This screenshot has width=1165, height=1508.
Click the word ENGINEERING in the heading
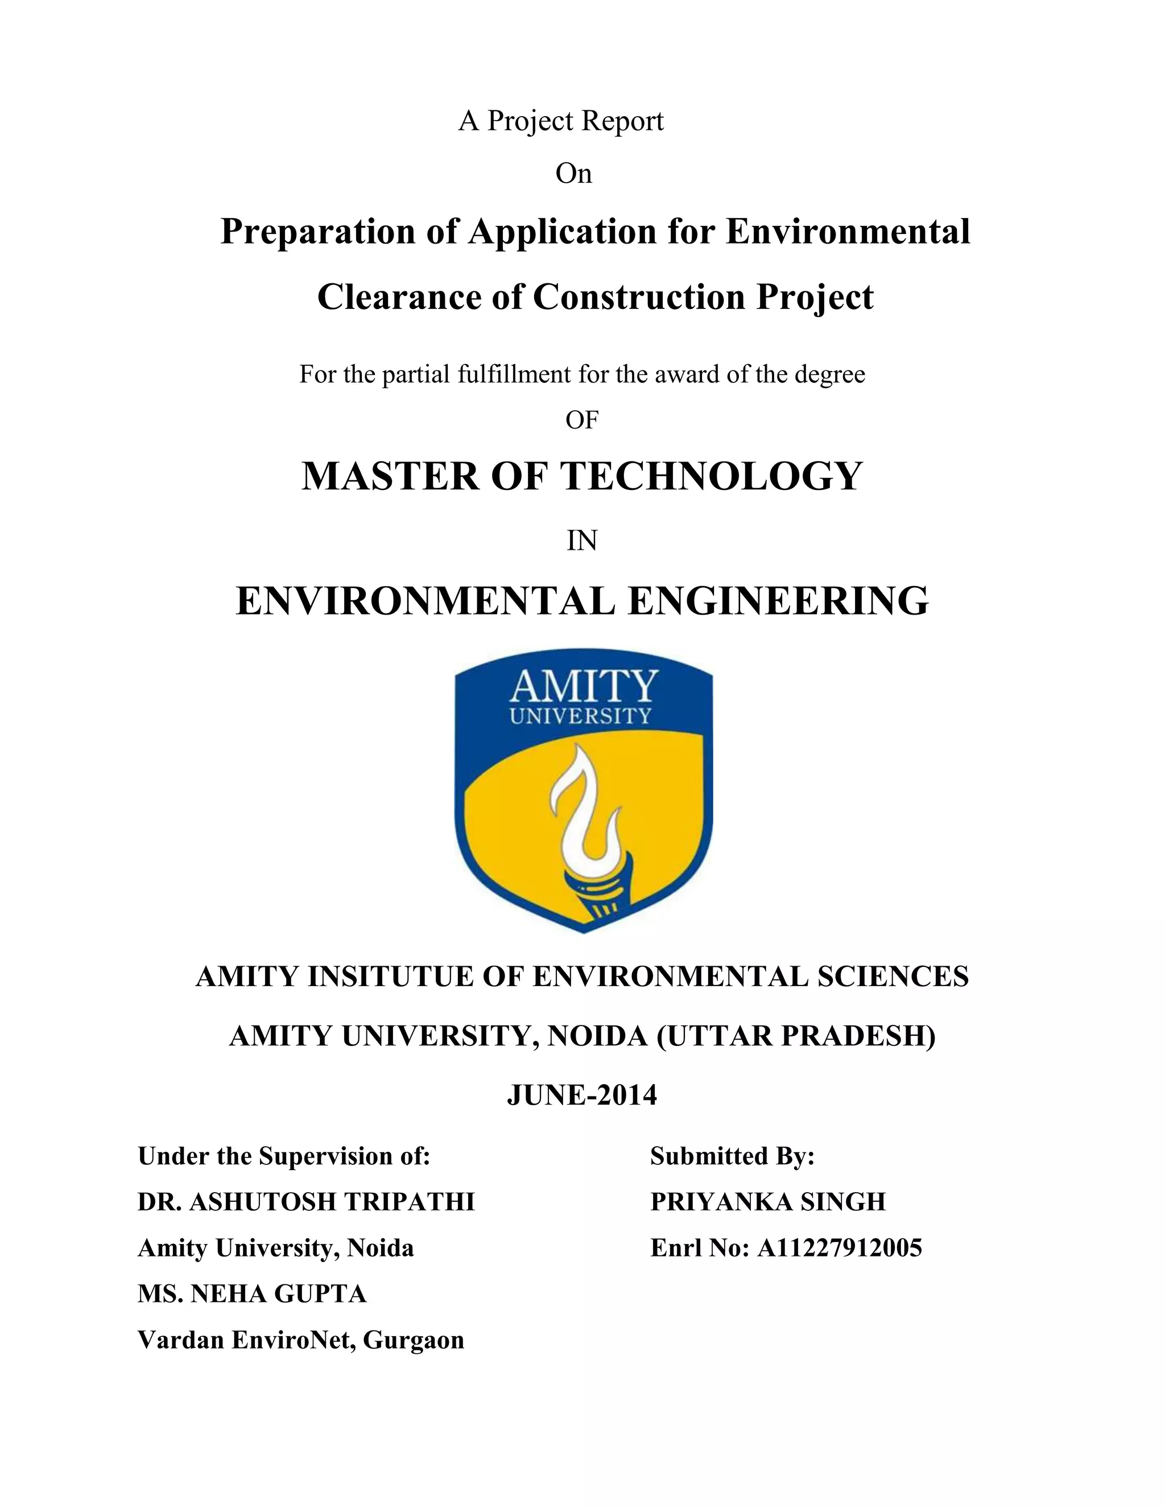pyautogui.click(x=778, y=601)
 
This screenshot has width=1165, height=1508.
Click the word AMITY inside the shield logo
pyautogui.click(x=583, y=686)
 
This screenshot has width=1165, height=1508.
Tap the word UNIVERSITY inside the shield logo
pyautogui.click(x=580, y=715)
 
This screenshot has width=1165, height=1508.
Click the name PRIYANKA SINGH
pyautogui.click(x=767, y=1201)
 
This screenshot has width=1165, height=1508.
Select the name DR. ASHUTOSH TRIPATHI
pyautogui.click(x=305, y=1201)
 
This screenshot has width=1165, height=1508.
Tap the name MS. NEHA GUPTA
pyautogui.click(x=252, y=1293)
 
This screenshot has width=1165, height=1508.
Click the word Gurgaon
pyautogui.click(x=414, y=1340)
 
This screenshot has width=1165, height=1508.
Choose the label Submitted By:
pyautogui.click(x=732, y=1156)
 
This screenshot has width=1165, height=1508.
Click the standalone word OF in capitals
pyautogui.click(x=582, y=420)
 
